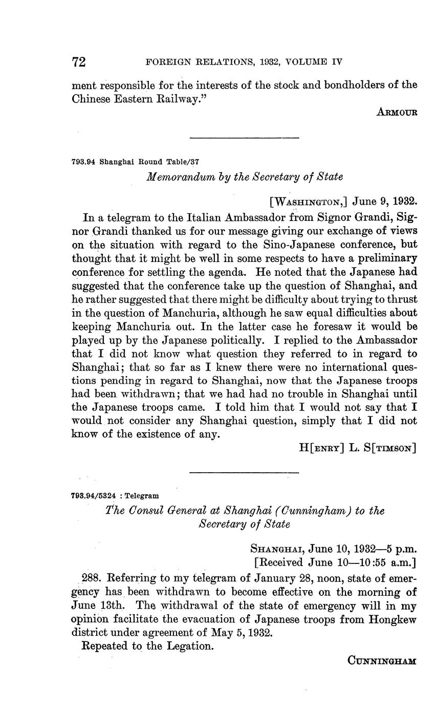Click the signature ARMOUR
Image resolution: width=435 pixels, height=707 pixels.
[x=397, y=112]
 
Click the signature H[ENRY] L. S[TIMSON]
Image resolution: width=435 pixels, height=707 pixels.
[x=357, y=448]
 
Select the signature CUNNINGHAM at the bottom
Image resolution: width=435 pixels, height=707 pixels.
[x=382, y=661]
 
